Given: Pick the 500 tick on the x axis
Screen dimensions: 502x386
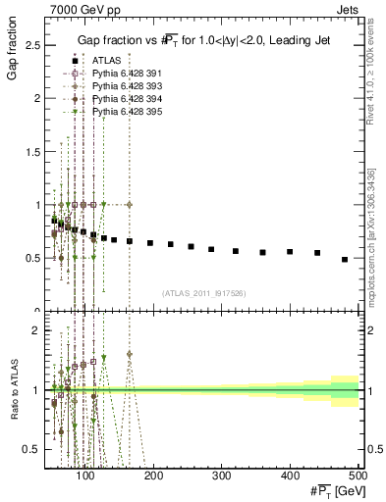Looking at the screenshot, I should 358,477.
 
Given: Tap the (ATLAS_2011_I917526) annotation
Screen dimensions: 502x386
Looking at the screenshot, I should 204,292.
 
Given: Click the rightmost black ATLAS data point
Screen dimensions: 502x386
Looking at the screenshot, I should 345,260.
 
